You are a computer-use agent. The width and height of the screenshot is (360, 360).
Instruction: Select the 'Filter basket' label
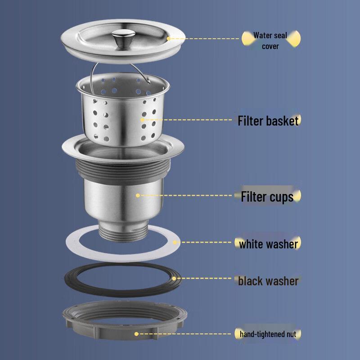268,121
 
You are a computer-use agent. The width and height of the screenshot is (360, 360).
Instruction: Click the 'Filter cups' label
267,197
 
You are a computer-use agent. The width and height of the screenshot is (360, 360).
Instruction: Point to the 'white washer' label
268,244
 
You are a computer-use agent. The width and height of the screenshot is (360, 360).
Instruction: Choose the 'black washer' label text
268,281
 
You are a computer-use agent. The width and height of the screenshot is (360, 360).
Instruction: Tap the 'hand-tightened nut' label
267,334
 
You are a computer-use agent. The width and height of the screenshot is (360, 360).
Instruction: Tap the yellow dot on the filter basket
142,120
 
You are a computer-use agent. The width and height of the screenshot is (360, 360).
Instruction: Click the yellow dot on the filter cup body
138,195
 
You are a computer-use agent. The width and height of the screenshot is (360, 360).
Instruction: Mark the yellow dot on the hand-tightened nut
136,333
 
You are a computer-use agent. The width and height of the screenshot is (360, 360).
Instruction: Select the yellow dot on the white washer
175,243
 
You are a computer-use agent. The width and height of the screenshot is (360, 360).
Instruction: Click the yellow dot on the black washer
174,279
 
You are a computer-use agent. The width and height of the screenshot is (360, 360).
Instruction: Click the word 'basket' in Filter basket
282,121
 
